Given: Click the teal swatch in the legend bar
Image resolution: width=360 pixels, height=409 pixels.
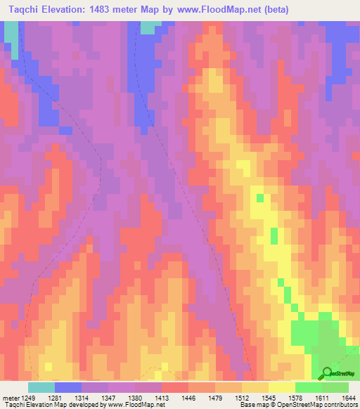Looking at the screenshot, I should [x=41, y=388].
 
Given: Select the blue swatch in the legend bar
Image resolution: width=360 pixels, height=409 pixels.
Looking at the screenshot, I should [x=68, y=388].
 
